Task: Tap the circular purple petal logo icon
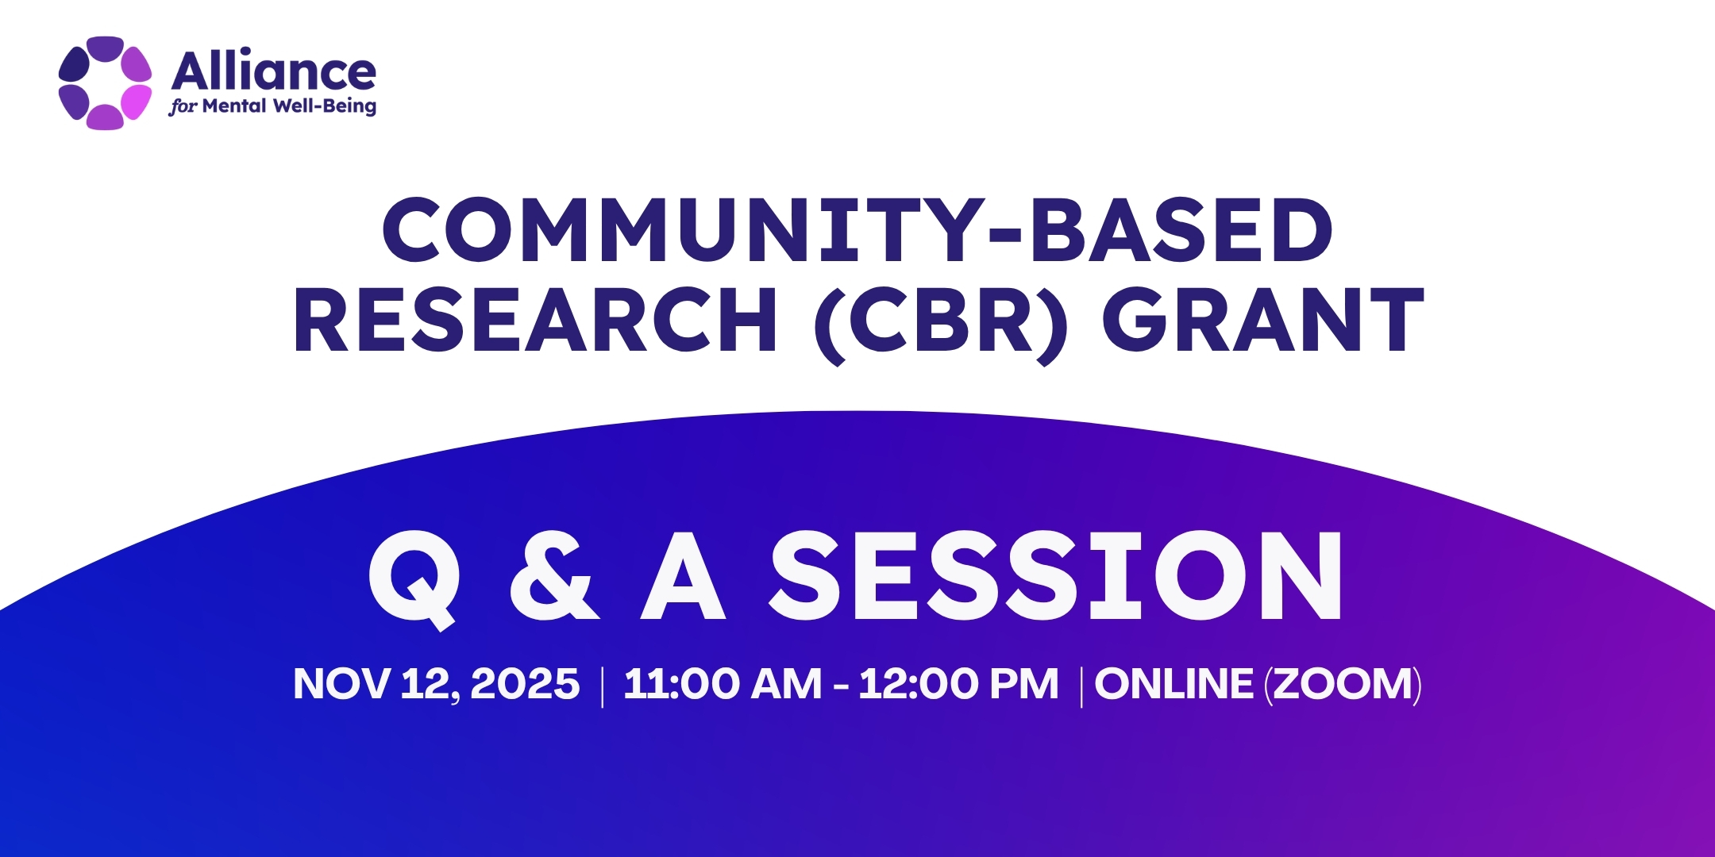click(x=105, y=83)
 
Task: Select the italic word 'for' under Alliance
click(x=182, y=107)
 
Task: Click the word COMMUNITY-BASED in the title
click(x=857, y=230)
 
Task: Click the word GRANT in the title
click(x=1262, y=320)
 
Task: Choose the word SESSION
click(x=1056, y=576)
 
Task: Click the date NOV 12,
click(x=376, y=684)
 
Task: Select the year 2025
click(x=525, y=684)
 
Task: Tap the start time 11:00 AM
click(x=723, y=684)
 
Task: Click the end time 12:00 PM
click(x=958, y=684)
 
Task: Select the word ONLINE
click(x=1174, y=684)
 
